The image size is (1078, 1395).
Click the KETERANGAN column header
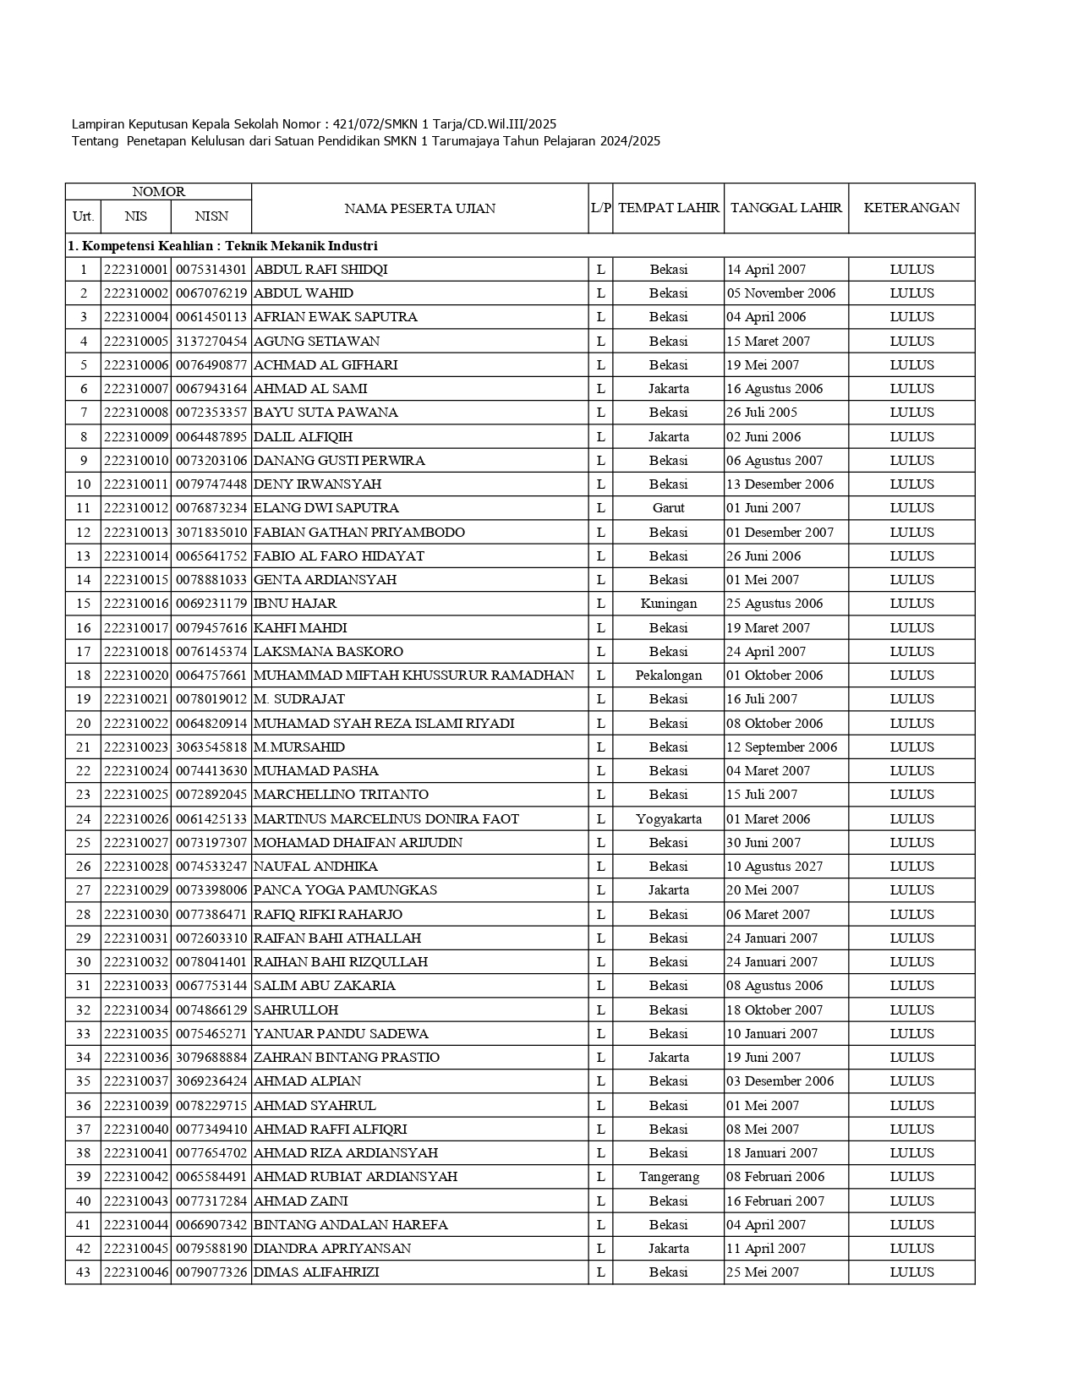coord(911,207)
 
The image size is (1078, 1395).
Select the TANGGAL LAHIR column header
coord(785,207)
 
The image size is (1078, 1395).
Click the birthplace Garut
coord(668,508)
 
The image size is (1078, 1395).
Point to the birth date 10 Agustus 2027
coord(774,867)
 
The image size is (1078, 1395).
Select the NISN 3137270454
coord(211,342)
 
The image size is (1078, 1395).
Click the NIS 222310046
coord(136,1272)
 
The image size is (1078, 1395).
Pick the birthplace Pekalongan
coord(668,676)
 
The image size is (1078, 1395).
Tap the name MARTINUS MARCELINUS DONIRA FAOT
coord(386,819)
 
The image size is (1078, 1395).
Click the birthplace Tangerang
coord(668,1177)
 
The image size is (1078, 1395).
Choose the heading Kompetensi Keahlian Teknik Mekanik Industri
coord(222,246)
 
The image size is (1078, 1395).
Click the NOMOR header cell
coord(158,192)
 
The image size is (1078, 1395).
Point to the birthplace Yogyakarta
coord(668,819)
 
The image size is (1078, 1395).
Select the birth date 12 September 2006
coord(781,747)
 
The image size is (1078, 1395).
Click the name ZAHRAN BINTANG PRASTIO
coord(346,1058)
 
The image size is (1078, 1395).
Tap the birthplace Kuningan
coord(668,604)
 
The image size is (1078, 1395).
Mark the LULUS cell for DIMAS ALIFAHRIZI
coord(911,1272)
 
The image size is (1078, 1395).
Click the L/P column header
coord(600,207)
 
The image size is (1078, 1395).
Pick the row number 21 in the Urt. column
coord(83,747)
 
